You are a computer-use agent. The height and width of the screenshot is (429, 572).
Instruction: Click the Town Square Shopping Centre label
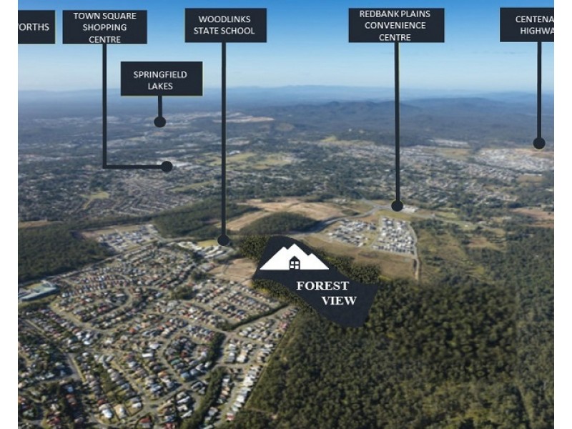(x=104, y=27)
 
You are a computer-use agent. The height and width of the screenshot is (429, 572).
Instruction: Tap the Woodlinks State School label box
(x=225, y=25)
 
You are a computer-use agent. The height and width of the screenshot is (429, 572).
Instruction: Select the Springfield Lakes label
(x=161, y=79)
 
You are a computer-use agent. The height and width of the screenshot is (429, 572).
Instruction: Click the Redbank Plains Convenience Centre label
(x=396, y=25)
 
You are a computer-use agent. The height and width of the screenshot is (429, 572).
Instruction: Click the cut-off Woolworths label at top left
(x=36, y=27)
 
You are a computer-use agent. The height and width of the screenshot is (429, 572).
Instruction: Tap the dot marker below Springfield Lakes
(x=159, y=122)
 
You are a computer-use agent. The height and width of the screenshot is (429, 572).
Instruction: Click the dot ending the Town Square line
(x=167, y=167)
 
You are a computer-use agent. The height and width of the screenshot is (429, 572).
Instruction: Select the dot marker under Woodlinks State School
(x=223, y=241)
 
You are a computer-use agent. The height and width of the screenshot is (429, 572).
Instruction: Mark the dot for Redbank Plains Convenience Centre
(x=397, y=206)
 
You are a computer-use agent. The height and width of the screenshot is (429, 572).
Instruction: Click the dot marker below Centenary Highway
(x=539, y=143)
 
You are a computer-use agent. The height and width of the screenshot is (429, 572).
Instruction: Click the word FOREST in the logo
(x=322, y=286)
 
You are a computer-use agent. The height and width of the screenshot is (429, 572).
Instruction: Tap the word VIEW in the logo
(x=338, y=300)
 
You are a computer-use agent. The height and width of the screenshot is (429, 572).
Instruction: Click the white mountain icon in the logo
(x=294, y=258)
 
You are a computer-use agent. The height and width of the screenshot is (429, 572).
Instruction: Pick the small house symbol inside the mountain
(x=295, y=265)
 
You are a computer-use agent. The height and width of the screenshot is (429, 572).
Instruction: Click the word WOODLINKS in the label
(x=225, y=19)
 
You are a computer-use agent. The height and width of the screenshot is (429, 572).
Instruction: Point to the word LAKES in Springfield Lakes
(x=161, y=86)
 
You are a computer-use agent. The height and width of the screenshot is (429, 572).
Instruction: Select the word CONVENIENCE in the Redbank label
(x=396, y=25)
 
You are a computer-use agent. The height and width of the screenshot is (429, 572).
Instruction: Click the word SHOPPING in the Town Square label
(x=104, y=27)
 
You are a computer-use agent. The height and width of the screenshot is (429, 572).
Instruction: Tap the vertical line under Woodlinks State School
(x=223, y=143)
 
